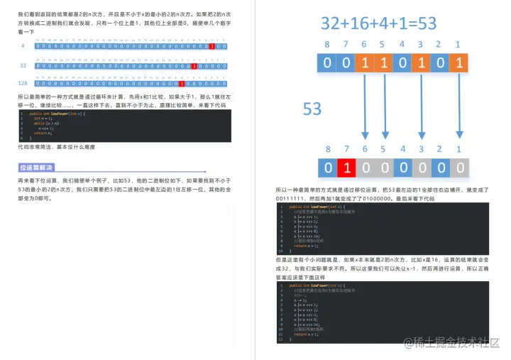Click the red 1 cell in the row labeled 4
coord(212,46)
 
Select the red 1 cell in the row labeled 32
coord(194,65)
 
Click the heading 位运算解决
coord(36,168)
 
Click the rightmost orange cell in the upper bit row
coord(459,62)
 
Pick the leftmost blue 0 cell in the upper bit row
coord(327,62)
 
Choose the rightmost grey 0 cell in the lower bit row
coord(459,168)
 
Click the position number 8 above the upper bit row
coord(327,44)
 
